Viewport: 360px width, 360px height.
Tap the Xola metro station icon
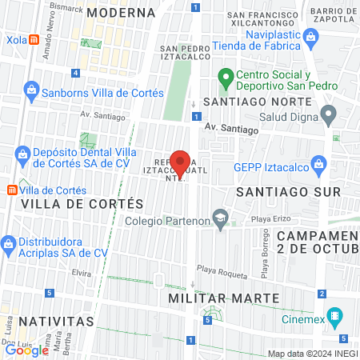click(x=34, y=39)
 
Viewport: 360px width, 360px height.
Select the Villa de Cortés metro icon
click(x=12, y=190)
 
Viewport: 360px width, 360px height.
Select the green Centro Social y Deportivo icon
click(x=226, y=78)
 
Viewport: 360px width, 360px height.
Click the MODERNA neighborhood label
click(x=121, y=13)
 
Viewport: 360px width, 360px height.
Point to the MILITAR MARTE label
click(x=224, y=298)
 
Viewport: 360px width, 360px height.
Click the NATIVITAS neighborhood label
click(x=46, y=321)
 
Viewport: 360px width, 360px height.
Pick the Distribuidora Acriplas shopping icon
click(x=9, y=243)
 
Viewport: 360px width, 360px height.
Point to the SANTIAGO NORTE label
click(x=257, y=102)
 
